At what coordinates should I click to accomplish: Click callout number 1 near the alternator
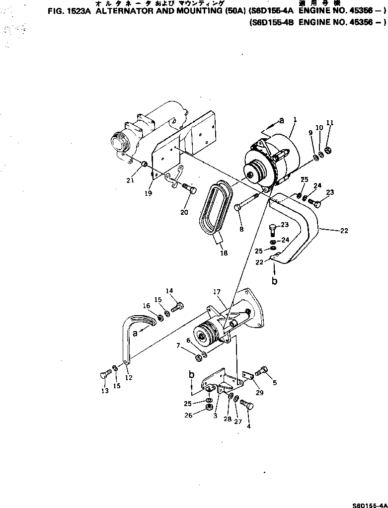pos(295,120)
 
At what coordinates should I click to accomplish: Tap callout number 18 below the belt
pos(224,253)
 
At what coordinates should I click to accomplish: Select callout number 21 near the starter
pos(130,180)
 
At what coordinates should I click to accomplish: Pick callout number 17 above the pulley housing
pos(217,292)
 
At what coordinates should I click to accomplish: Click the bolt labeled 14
pos(177,308)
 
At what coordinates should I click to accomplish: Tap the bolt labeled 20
pos(188,188)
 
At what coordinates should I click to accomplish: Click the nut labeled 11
pos(328,151)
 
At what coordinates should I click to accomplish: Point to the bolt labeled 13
pos(105,374)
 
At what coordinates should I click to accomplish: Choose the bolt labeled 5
pos(261,371)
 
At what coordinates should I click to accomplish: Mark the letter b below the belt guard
pos(274,281)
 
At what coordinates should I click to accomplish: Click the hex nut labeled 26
pos(209,409)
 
